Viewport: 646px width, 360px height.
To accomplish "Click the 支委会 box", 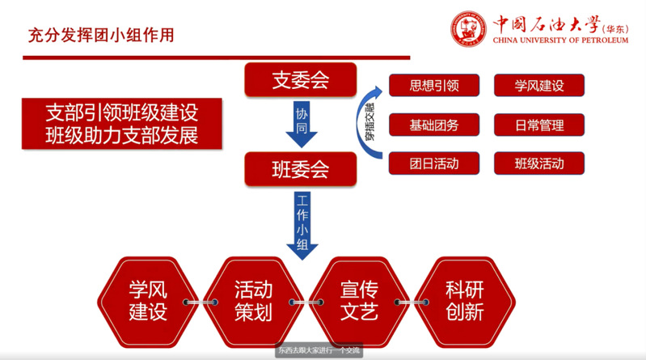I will coord(302,79).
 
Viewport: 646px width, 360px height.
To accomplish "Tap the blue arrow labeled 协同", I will coord(302,122).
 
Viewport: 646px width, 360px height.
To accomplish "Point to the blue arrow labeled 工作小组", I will coord(302,224).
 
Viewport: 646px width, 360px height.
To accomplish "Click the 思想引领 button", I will coord(434,85).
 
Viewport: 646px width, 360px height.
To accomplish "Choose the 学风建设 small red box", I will coord(538,85).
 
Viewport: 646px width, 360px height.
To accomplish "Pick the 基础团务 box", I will coord(434,125).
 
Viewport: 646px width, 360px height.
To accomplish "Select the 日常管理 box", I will coord(538,125).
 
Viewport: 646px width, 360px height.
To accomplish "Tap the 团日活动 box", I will coord(434,163).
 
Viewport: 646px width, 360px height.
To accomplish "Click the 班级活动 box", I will coord(538,163).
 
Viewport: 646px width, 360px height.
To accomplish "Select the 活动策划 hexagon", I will coord(253,301).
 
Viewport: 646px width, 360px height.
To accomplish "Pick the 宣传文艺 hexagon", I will coord(359,301).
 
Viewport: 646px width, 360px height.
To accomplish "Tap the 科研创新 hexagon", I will coord(464,301).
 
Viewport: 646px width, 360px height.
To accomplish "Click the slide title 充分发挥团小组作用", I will coord(100,35).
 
